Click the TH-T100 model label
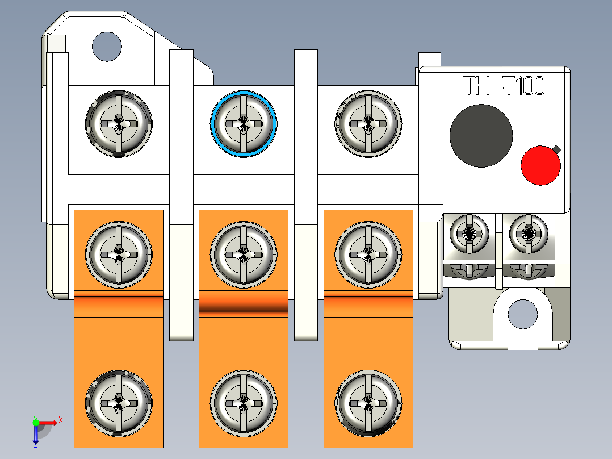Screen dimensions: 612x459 (x=504, y=86)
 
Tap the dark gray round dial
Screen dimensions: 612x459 (x=481, y=136)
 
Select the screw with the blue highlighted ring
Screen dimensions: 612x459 (x=244, y=124)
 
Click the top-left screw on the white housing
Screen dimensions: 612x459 (x=119, y=124)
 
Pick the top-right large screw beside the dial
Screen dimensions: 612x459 (x=368, y=124)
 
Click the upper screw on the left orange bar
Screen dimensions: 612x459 (x=119, y=254)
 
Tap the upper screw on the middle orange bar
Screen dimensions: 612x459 (x=244, y=254)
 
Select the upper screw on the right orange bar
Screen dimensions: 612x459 (x=368, y=254)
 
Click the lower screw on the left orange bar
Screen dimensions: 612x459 (x=119, y=403)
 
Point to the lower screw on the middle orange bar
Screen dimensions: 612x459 (x=244, y=403)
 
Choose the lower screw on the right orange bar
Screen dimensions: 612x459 (x=368, y=403)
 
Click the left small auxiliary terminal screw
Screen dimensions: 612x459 (x=469, y=233)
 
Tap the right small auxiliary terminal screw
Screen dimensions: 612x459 (x=529, y=233)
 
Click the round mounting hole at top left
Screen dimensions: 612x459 (x=107, y=47)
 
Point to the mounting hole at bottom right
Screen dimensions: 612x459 (x=523, y=314)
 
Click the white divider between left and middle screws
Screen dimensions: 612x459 (x=181, y=195)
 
